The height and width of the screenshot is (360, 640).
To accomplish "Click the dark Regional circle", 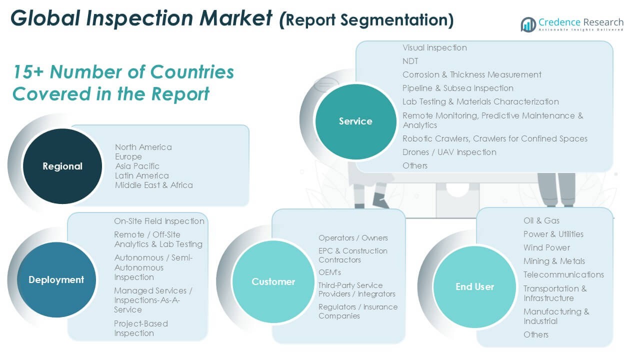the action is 62,166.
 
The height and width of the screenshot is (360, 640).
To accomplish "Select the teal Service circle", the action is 355,121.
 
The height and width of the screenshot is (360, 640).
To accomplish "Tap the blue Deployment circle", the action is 56,279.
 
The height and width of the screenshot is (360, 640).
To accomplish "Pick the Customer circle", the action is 273,281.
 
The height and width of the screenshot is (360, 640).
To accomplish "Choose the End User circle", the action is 474,286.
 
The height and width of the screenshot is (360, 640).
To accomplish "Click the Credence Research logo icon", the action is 528,24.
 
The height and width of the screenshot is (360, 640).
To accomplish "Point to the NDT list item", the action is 410,61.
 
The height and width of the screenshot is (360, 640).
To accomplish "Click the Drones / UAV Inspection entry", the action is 449,152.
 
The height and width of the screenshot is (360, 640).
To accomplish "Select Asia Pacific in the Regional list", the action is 137,166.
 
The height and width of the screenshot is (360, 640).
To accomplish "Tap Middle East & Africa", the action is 154,185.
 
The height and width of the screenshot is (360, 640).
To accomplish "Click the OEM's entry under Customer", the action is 329,272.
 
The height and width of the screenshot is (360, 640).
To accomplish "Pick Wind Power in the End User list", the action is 546,247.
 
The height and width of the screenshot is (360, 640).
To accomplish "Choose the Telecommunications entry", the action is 563,274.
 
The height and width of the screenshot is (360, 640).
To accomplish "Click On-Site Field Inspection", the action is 159,221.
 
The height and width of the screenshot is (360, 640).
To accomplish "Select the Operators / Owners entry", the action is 353,237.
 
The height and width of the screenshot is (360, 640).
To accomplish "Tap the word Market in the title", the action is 235,18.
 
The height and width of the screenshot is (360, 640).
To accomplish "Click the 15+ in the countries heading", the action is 28,71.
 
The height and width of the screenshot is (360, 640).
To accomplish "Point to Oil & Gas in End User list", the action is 541,220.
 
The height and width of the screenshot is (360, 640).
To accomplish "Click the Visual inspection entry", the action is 434,47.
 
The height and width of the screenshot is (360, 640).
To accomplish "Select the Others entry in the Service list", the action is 415,165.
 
